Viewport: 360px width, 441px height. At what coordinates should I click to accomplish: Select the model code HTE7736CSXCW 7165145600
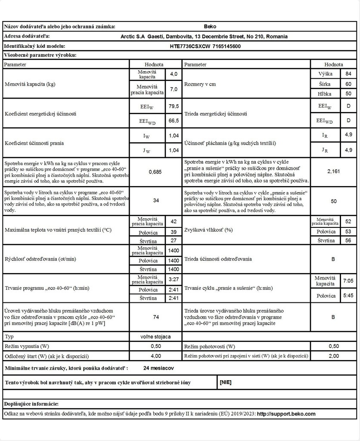(x=205, y=47)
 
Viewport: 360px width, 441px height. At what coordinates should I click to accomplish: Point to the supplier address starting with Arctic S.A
(x=205, y=37)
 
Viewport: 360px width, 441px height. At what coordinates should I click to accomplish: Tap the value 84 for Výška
(x=348, y=74)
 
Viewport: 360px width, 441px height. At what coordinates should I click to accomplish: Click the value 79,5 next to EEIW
(x=174, y=106)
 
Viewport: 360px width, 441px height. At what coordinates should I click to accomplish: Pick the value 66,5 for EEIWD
(x=174, y=121)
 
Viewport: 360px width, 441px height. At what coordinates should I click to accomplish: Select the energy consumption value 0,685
(x=155, y=172)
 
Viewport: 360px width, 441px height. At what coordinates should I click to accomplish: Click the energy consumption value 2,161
(x=333, y=171)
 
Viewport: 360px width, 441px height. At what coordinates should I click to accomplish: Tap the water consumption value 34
(x=155, y=201)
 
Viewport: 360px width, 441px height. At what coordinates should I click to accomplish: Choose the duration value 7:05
(x=348, y=281)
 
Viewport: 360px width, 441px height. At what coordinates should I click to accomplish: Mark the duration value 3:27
(x=174, y=280)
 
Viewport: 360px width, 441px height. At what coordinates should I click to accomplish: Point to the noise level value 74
(x=156, y=317)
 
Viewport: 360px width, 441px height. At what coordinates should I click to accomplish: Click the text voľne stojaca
(x=155, y=336)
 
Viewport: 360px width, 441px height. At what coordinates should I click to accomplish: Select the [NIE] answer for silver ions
(x=226, y=382)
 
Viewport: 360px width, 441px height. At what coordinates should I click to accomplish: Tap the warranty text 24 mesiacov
(x=159, y=368)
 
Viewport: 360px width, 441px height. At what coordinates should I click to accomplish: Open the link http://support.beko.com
(x=286, y=414)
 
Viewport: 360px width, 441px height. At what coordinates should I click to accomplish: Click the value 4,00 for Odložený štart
(x=155, y=356)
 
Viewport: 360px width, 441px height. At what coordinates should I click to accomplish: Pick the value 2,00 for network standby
(x=333, y=356)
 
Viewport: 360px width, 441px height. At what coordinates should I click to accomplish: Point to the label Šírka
(x=325, y=84)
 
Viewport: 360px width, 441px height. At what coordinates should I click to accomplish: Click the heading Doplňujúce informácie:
(x=31, y=404)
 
